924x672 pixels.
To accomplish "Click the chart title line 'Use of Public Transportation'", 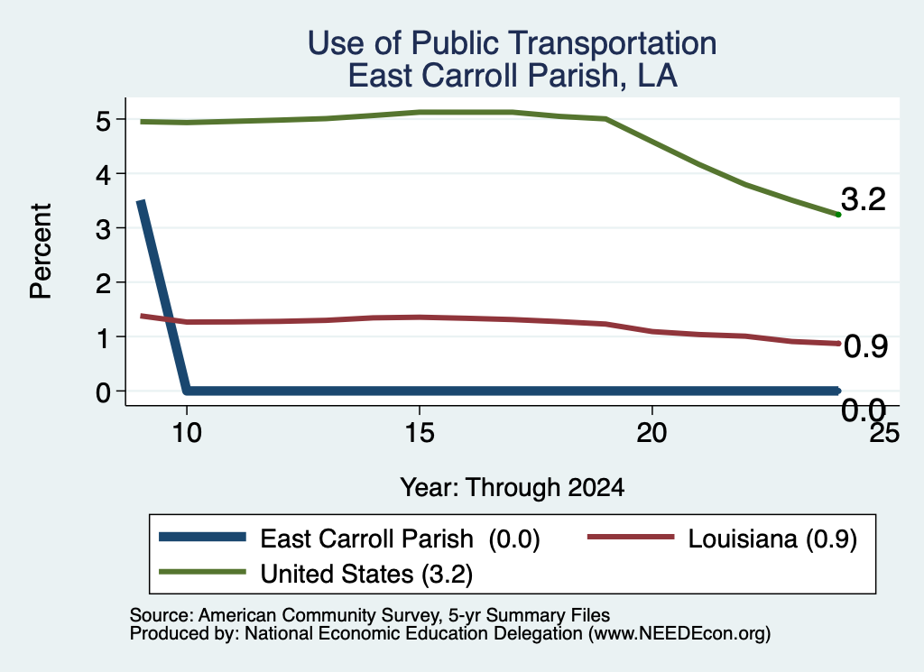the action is pos(513,43).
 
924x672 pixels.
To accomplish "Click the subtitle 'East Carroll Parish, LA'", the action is pos(513,76).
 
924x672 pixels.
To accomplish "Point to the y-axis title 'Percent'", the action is pos(41,252).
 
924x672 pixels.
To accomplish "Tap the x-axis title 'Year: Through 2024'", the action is pos(513,488).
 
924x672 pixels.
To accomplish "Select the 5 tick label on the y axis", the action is pos(103,121).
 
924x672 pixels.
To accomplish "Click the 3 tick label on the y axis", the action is pos(103,229).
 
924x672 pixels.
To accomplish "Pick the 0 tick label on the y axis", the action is pos(103,392).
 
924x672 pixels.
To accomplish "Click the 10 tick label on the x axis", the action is pos(187,434).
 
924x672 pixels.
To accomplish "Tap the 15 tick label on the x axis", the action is pos(420,434).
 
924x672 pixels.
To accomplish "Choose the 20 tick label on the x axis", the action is pos(651,434).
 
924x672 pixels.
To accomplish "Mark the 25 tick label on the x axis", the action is pos(884,434).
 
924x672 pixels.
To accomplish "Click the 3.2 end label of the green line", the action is pos(864,199).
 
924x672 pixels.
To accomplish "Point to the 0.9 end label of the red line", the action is pos(865,346).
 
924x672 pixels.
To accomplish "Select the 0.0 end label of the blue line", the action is pos(864,410).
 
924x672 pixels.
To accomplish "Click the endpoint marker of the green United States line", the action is pos(838,215).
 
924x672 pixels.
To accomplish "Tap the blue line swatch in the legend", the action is pos(202,537).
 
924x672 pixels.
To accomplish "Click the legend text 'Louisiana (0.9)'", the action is pos(772,539).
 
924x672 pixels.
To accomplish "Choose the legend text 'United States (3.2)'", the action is pos(366,574).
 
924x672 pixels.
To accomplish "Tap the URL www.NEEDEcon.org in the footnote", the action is pos(679,634).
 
